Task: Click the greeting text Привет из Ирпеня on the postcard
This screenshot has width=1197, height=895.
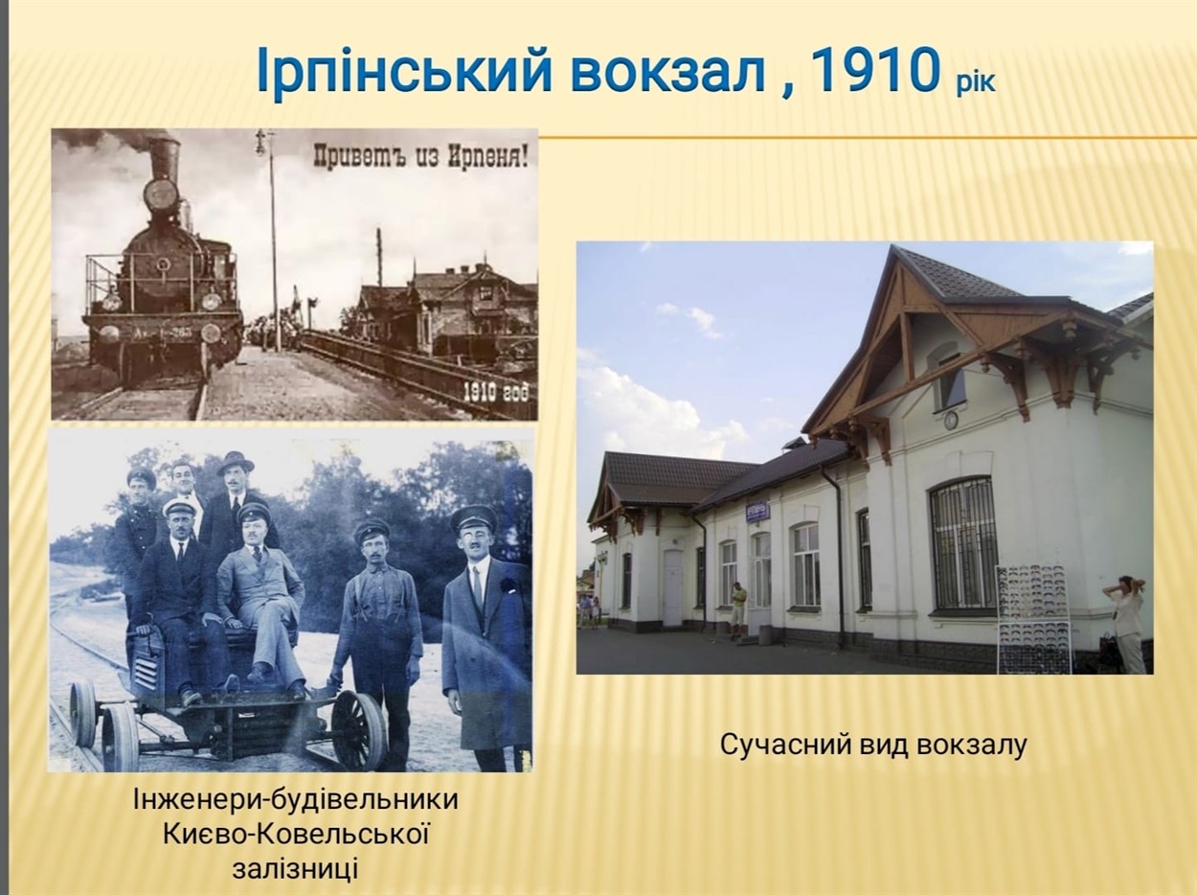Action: pyautogui.click(x=420, y=155)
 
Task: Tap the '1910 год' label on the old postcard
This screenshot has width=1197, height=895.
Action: pyautogui.click(x=495, y=392)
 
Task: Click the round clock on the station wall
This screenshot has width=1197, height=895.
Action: pyautogui.click(x=951, y=419)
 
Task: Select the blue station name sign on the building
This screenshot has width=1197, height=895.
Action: pyautogui.click(x=758, y=510)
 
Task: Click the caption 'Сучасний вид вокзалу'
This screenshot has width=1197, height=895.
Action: pyautogui.click(x=873, y=745)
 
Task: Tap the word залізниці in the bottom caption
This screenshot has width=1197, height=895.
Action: pyautogui.click(x=295, y=868)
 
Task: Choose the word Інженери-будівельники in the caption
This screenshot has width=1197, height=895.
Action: pyautogui.click(x=296, y=800)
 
